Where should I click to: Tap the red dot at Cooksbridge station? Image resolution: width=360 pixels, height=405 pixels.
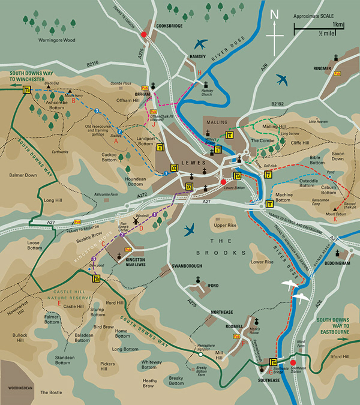(143, 35)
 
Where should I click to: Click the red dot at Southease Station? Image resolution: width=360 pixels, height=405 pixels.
(293, 362)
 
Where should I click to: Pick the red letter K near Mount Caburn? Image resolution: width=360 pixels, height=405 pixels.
(335, 219)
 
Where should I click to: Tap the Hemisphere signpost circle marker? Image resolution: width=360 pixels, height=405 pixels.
(199, 355)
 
